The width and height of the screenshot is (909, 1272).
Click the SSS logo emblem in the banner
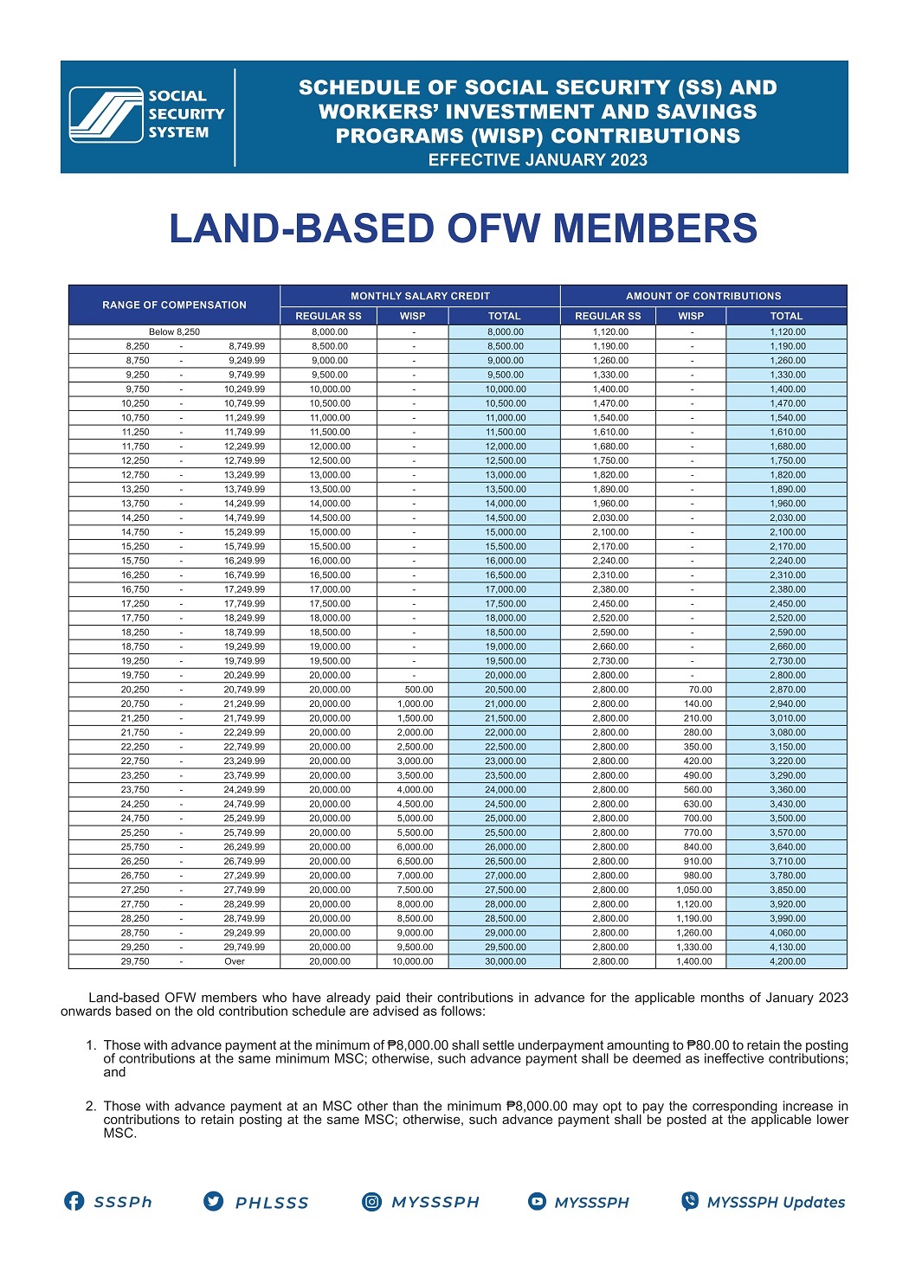click(x=106, y=114)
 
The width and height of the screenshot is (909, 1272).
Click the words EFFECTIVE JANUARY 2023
click(x=538, y=160)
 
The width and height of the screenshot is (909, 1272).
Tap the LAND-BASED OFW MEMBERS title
click(x=463, y=228)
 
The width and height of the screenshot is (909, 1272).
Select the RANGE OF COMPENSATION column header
click(x=174, y=305)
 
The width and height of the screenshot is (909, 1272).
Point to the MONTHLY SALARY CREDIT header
click(x=420, y=296)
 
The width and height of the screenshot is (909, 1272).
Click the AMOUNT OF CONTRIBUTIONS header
click(x=703, y=296)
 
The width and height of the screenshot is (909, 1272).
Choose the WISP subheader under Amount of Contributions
click(x=691, y=316)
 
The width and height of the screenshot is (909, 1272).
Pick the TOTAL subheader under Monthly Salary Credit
click(x=504, y=316)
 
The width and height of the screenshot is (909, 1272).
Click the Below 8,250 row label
click(x=174, y=331)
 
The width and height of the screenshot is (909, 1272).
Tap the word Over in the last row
click(x=235, y=961)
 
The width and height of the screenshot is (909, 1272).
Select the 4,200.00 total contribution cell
click(x=787, y=961)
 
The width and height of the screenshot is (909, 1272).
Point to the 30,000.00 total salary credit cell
click(x=505, y=961)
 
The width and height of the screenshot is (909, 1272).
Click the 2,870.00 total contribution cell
click(x=787, y=690)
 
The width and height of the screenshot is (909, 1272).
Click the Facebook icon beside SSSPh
click(x=74, y=1201)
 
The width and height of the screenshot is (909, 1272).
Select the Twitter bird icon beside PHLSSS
click(x=213, y=1201)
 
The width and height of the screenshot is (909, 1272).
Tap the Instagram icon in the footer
click(x=371, y=1201)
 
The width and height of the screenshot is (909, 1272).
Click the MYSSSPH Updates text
click(x=776, y=1202)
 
